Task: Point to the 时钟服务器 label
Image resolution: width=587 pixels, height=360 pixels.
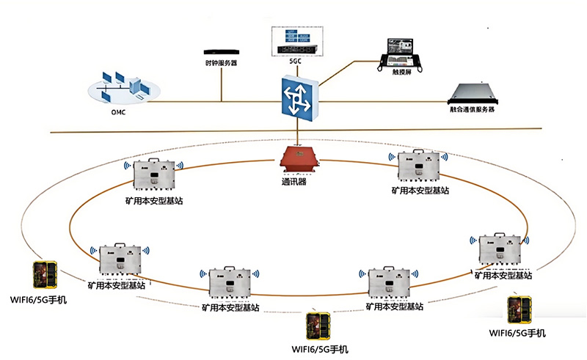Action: pos(221,63)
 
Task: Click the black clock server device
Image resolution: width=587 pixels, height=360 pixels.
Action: pos(222,52)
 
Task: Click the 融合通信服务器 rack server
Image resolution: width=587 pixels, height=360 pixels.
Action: pos(478,93)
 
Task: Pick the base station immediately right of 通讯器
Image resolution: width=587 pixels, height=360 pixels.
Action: pos(421,167)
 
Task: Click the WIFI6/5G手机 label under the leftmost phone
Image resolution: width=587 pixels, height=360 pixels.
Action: pos(39,299)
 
